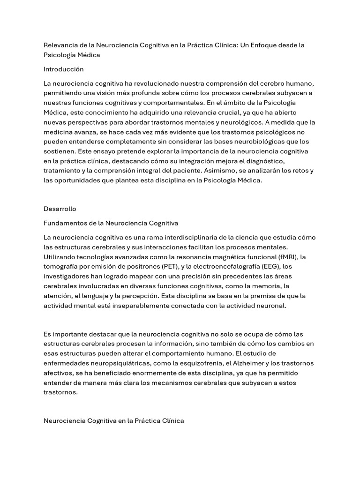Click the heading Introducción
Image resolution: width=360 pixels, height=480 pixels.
pos(63,69)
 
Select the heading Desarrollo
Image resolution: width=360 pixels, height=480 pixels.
pos(60,209)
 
